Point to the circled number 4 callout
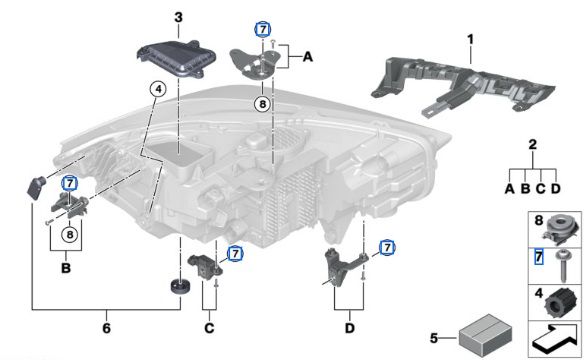[x=157, y=88]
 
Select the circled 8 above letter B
[x=68, y=236]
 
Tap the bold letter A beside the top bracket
[x=307, y=58]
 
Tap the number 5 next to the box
[x=432, y=338]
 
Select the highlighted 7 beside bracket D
[x=386, y=246]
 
